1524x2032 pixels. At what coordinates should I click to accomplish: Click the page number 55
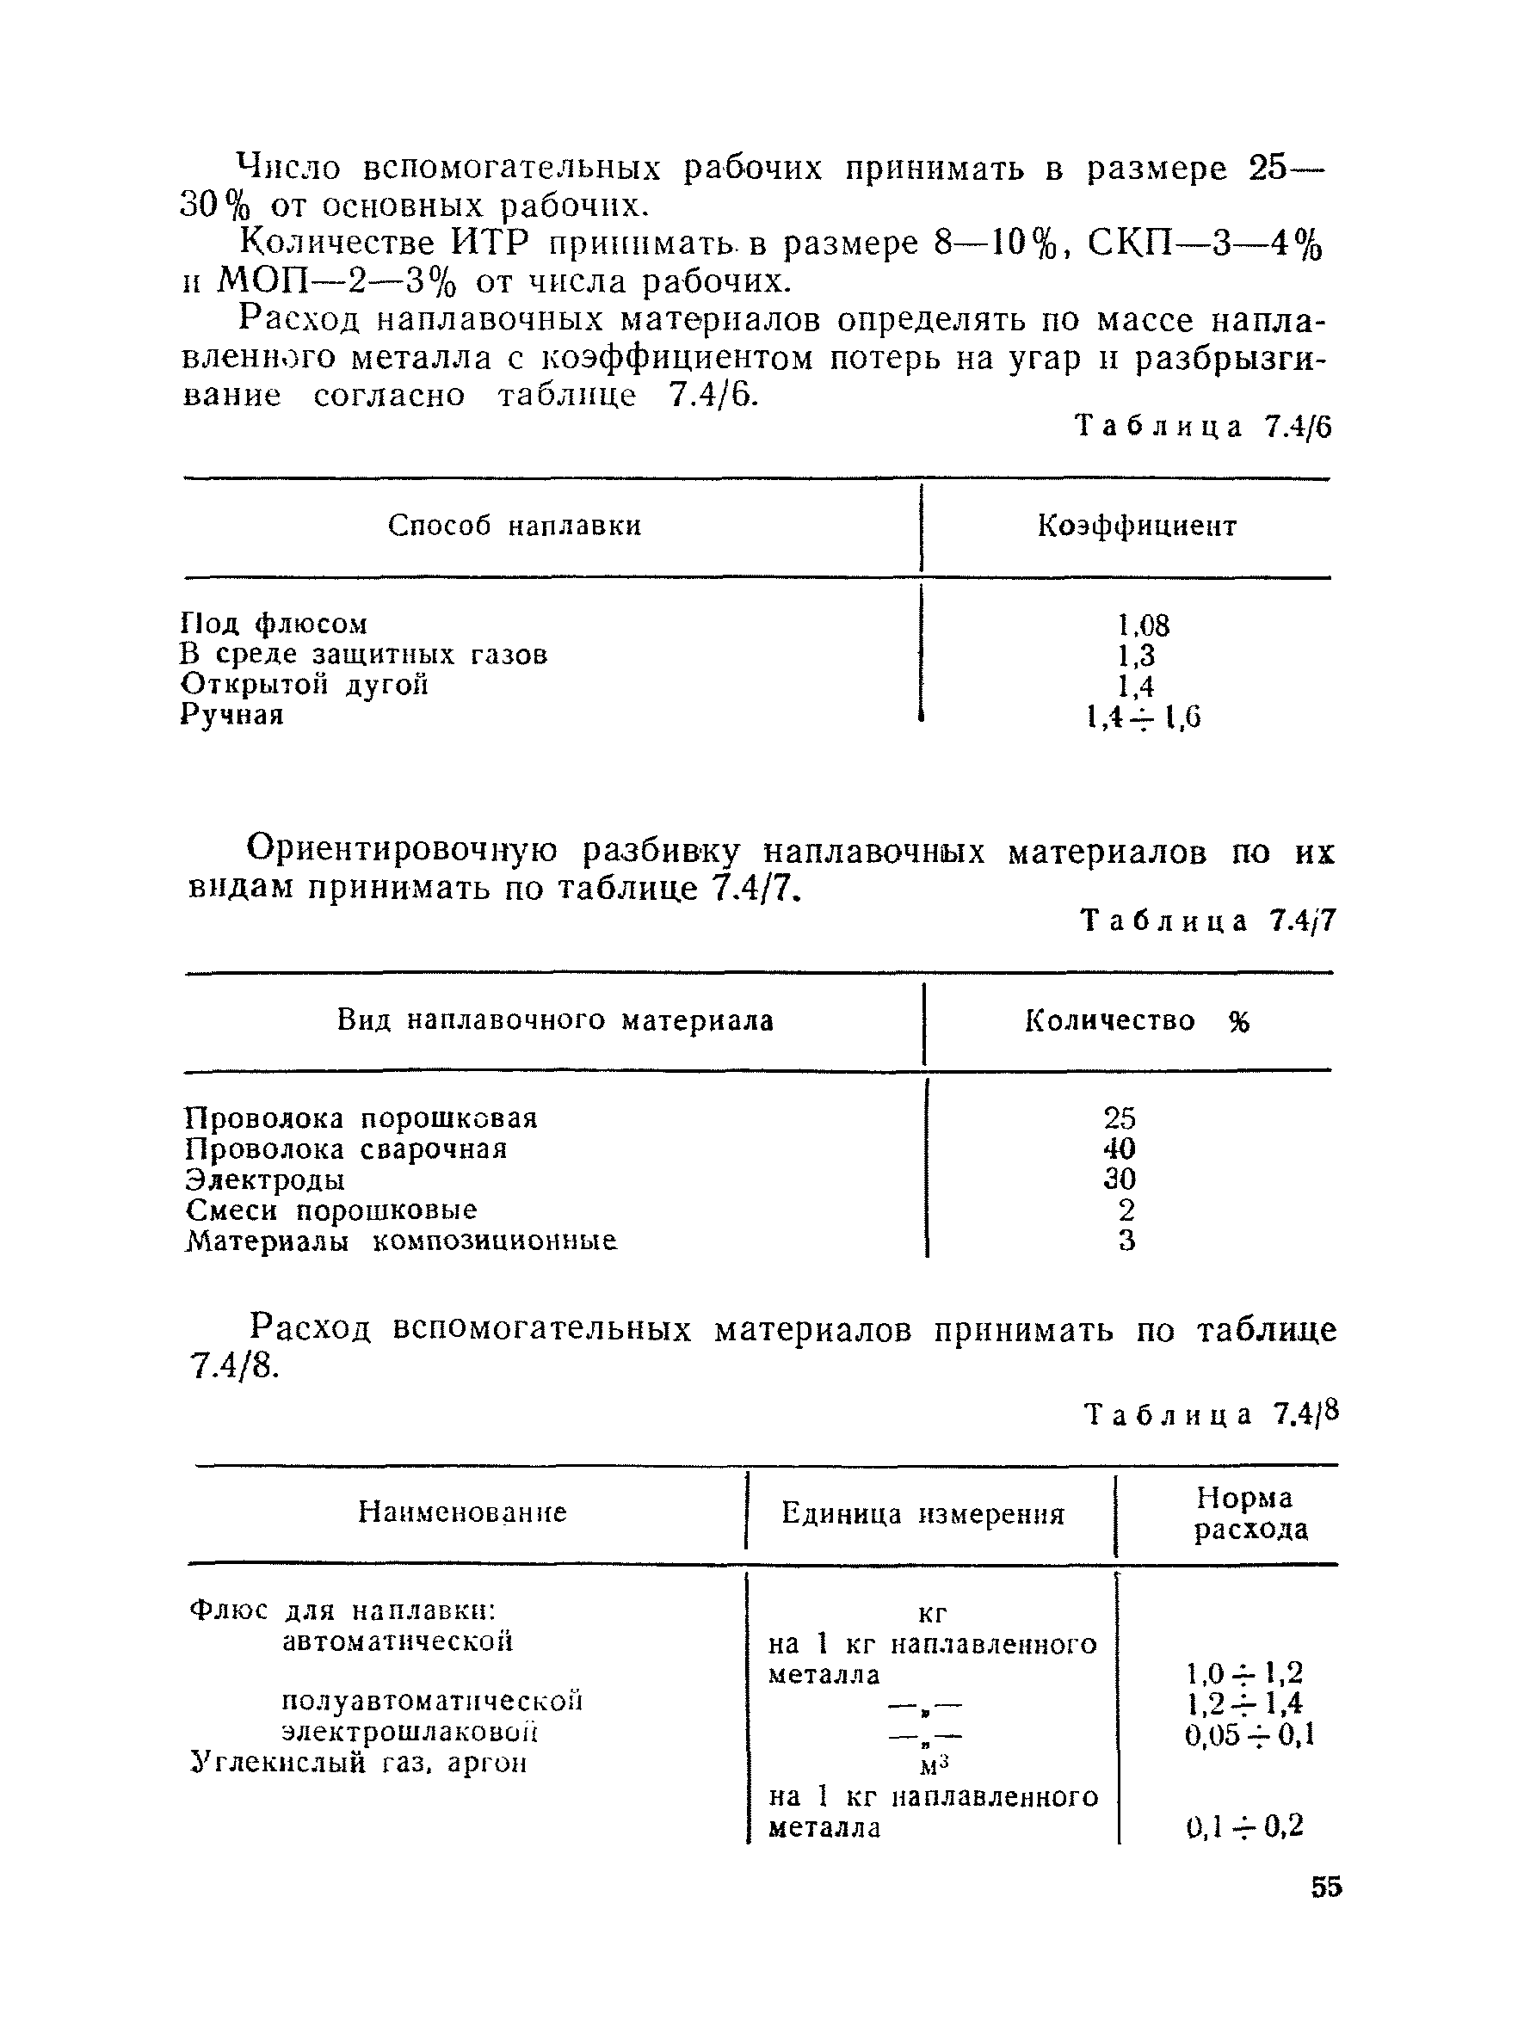(x=1325, y=1887)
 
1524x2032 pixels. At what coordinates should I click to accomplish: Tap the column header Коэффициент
(x=1137, y=526)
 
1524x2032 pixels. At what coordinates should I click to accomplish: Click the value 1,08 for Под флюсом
(x=1143, y=625)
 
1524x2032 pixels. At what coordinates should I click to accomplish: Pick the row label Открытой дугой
(x=304, y=686)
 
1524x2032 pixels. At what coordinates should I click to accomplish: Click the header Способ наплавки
(x=514, y=526)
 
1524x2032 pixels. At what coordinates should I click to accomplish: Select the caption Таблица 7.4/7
(x=1207, y=921)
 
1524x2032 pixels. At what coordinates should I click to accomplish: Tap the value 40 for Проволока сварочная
(x=1120, y=1149)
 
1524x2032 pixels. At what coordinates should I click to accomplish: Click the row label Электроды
(x=264, y=1179)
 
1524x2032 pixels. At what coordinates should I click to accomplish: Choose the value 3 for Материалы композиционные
(x=1126, y=1241)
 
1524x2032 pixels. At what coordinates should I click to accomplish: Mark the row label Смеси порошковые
(x=330, y=1210)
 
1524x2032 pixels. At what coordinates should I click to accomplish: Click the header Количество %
(x=1137, y=1020)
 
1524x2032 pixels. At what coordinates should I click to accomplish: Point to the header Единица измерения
(x=922, y=1514)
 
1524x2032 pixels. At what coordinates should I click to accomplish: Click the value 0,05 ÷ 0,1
(x=1249, y=1734)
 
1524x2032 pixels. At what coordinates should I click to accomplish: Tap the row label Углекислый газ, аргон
(x=358, y=1763)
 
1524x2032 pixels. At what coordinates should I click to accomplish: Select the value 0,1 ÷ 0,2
(x=1244, y=1826)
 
